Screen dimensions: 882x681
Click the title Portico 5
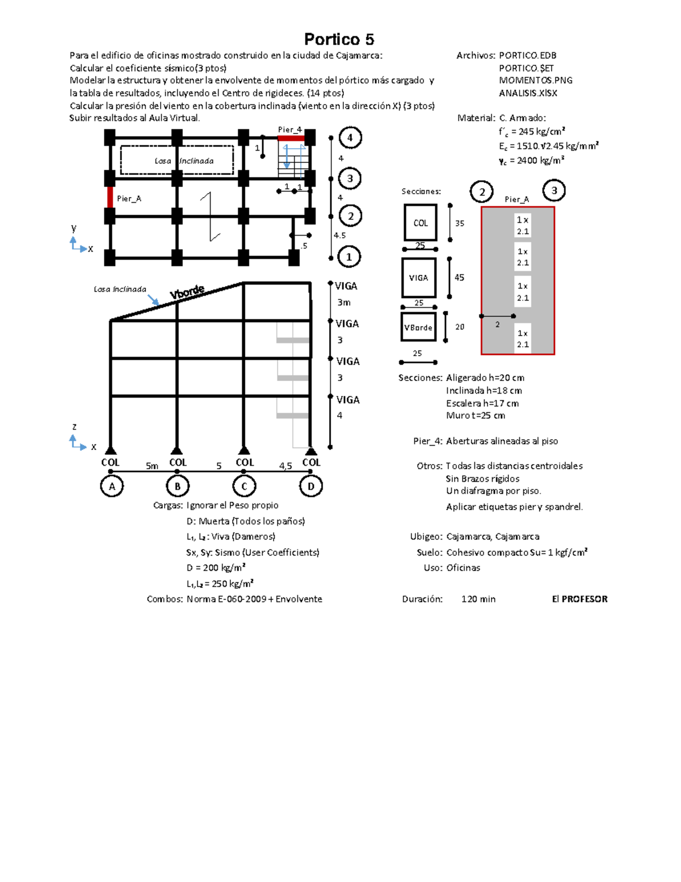(x=339, y=39)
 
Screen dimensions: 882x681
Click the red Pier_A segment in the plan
(x=110, y=198)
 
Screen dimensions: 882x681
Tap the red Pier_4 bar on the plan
(x=291, y=138)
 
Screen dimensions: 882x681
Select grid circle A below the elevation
(x=112, y=486)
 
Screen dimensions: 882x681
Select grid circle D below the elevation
(x=310, y=486)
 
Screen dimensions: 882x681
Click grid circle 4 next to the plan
(x=350, y=137)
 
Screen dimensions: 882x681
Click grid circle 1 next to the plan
(x=349, y=257)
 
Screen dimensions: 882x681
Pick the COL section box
(x=421, y=223)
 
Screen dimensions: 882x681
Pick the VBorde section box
(x=418, y=327)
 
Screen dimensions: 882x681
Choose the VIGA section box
(x=419, y=278)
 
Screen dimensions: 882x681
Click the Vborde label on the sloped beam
(x=187, y=292)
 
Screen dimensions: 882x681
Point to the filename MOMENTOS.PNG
(x=535, y=81)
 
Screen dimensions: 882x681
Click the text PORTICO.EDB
(x=527, y=56)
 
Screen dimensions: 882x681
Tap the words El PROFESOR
(x=579, y=599)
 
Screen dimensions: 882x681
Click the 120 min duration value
(x=478, y=599)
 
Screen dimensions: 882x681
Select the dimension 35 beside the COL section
(x=460, y=223)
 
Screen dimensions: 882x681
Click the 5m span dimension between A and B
(x=152, y=466)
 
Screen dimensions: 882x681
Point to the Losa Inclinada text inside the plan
(x=184, y=161)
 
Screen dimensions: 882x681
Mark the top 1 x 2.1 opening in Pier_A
(x=523, y=225)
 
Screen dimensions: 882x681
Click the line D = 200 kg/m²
(x=216, y=568)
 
